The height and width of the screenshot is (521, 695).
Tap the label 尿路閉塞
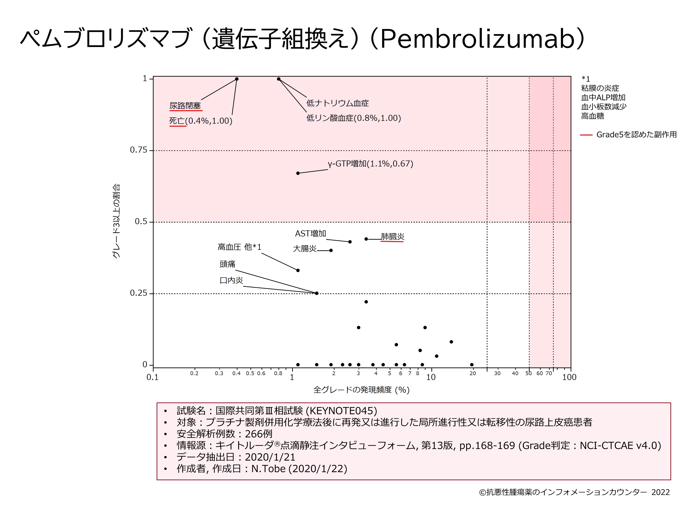click(185, 106)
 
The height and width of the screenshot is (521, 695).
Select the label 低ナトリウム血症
click(338, 103)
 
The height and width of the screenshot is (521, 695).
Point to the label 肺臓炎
click(392, 236)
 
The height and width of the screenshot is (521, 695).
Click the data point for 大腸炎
click(331, 250)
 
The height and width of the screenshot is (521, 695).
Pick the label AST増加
click(310, 234)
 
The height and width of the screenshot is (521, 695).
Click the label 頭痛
click(227, 264)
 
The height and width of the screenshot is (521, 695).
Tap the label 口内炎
click(231, 280)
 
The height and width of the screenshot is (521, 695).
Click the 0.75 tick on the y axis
click(139, 150)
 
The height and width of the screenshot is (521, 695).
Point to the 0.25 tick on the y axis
click(139, 293)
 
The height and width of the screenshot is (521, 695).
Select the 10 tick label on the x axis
click(431, 377)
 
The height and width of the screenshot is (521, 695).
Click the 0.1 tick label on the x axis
click(152, 377)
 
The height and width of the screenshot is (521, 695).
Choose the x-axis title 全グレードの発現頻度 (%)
click(361, 390)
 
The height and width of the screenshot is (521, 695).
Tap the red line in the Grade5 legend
click(586, 135)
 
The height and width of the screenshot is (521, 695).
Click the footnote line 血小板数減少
click(603, 107)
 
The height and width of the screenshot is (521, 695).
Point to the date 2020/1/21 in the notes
click(270, 457)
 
